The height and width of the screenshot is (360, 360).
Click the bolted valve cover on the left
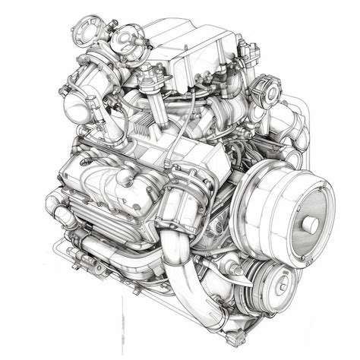pos(106,190)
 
